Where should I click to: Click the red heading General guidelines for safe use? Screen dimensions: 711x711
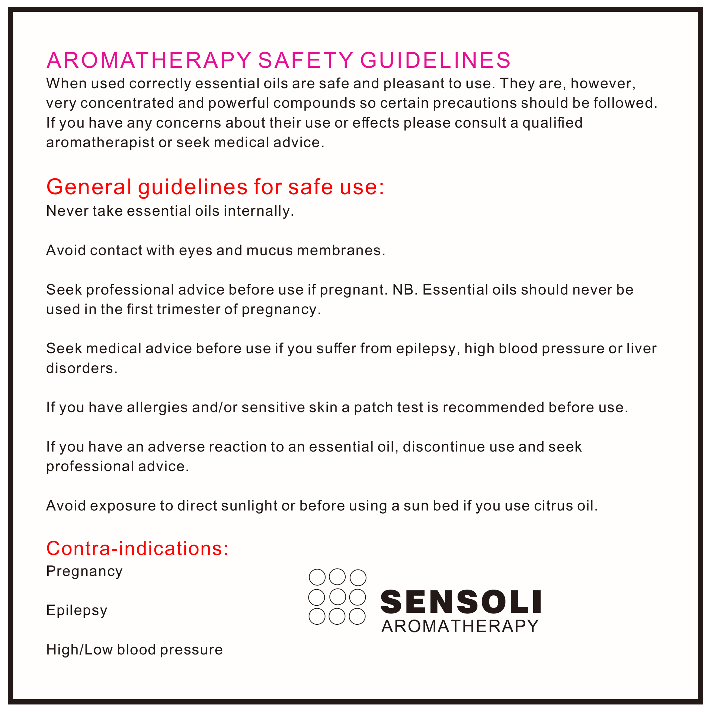click(x=215, y=187)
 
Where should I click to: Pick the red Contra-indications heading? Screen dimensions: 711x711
click(x=137, y=548)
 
